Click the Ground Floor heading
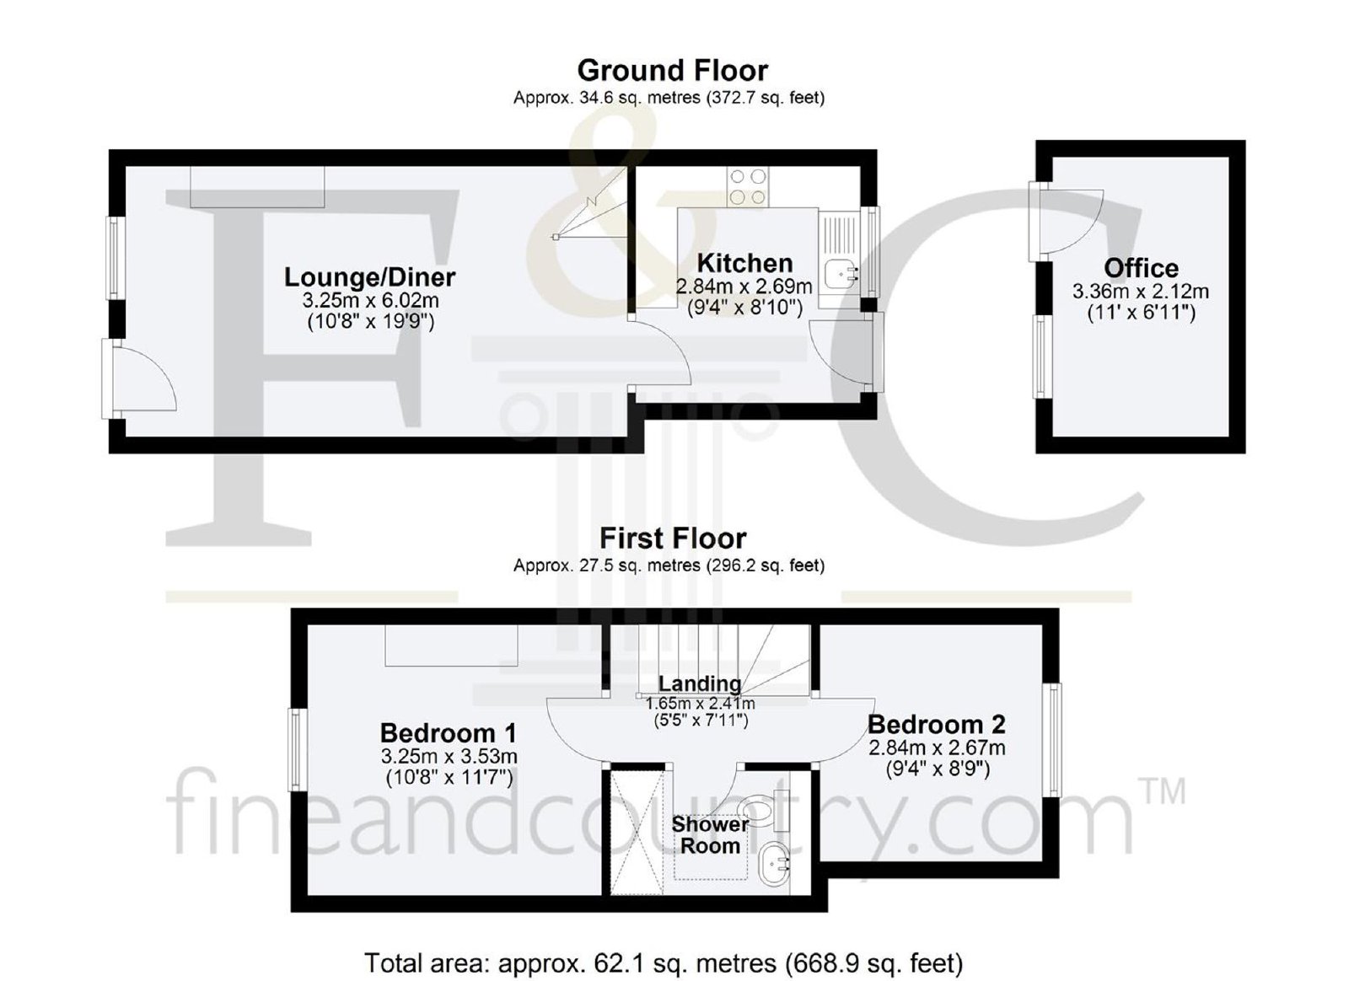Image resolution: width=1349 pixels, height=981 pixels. pyautogui.click(x=673, y=71)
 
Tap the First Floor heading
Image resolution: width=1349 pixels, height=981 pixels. pyautogui.click(x=673, y=538)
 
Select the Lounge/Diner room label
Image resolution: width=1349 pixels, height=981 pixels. pyautogui.click(x=370, y=277)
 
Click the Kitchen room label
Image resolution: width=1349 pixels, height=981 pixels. pyautogui.click(x=744, y=264)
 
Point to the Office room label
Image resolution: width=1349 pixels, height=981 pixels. pyautogui.click(x=1141, y=268)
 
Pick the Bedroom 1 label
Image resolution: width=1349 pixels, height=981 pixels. pyautogui.click(x=448, y=734)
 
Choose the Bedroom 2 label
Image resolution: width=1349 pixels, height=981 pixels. pyautogui.click(x=937, y=725)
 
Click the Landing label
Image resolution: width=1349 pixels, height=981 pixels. pyautogui.click(x=700, y=683)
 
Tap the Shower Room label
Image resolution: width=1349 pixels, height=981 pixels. pyautogui.click(x=710, y=834)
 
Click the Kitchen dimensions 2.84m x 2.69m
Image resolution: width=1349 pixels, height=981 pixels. pyautogui.click(x=744, y=287)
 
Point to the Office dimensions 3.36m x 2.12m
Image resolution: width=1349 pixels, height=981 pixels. pyautogui.click(x=1141, y=292)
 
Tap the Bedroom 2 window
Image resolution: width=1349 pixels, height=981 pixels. pyautogui.click(x=1054, y=740)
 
